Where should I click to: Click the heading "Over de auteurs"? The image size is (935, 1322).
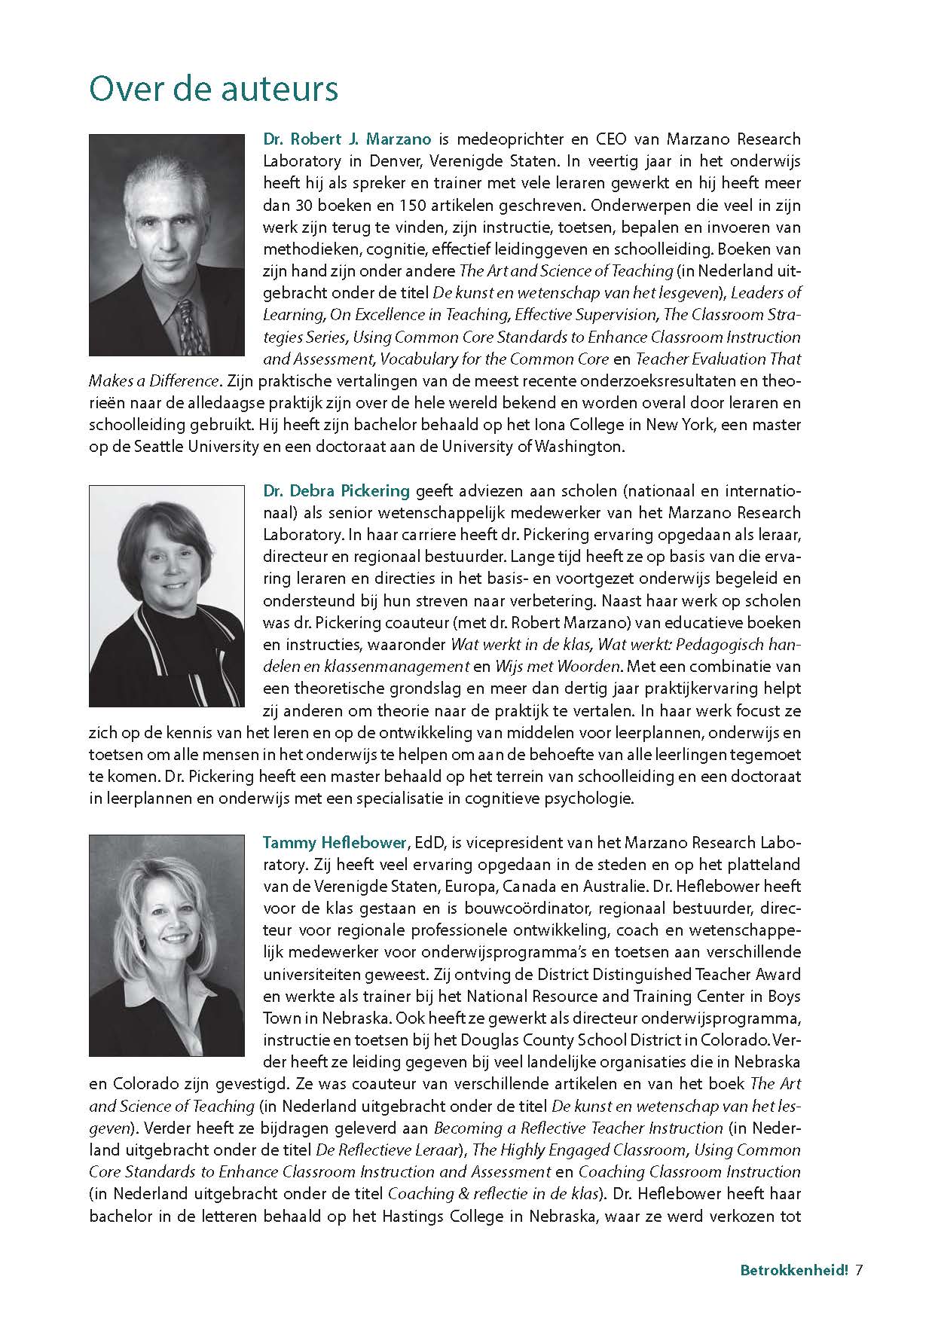click(x=213, y=90)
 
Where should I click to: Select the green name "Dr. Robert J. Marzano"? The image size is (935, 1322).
click(x=347, y=139)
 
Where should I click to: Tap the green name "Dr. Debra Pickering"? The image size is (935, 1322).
click(x=336, y=491)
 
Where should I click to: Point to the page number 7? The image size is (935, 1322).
click(x=858, y=1270)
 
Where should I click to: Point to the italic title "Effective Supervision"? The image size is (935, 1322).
click(x=585, y=314)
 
